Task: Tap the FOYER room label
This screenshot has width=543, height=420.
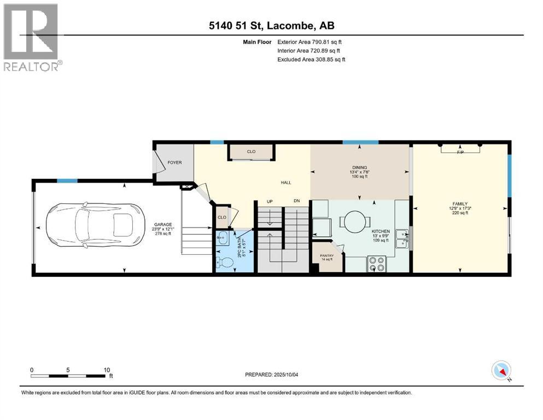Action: [174, 162]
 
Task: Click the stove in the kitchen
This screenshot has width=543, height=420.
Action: [377, 264]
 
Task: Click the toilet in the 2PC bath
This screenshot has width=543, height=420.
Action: [226, 262]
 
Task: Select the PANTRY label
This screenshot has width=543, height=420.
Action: [327, 255]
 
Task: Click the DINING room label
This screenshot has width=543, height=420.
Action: [359, 167]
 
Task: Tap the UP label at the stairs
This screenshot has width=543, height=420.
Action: [269, 201]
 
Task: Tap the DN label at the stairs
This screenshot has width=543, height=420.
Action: [296, 201]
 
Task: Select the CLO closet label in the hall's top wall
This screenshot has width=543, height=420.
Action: [251, 151]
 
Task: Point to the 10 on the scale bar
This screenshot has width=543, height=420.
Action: [107, 369]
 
